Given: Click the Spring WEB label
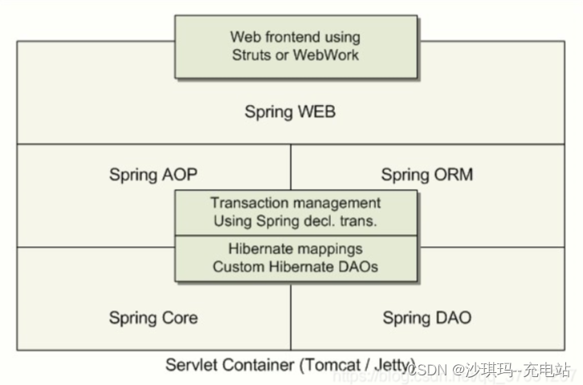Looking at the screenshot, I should [x=290, y=111].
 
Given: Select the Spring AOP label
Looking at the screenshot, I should [x=153, y=174].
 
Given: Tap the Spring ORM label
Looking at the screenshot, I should [x=427, y=174].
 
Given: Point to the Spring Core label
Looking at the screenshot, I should [x=153, y=318].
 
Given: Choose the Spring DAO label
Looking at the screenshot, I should [x=427, y=318].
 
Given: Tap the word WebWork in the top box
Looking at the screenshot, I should [x=327, y=55].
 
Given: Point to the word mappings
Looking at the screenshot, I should [x=328, y=249].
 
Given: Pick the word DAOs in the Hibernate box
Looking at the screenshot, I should [x=357, y=267].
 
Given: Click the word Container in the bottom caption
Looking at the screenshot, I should [x=255, y=365].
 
